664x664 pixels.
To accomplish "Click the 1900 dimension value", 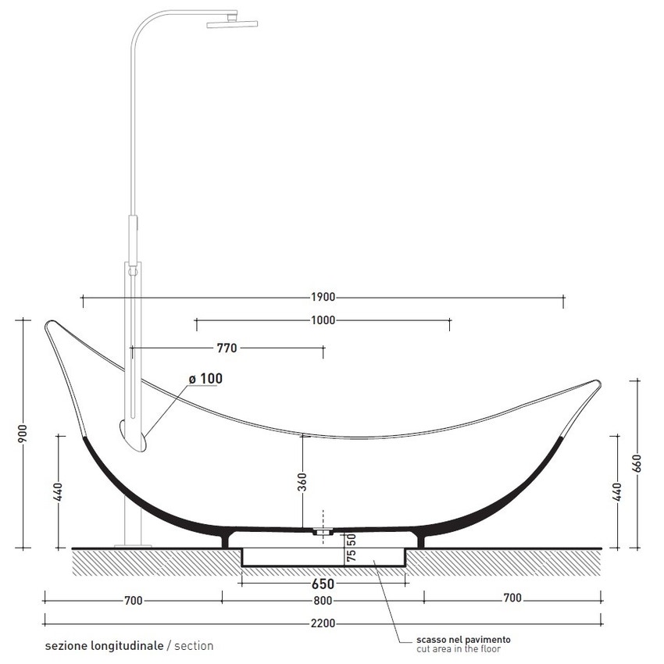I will click(323, 297).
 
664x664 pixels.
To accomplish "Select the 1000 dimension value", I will click(323, 320).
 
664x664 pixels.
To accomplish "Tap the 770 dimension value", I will click(227, 348).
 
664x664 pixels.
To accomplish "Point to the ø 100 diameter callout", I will click(205, 379).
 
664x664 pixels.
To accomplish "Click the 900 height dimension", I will click(23, 433).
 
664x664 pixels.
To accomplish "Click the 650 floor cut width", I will click(323, 584).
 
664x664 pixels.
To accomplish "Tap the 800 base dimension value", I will click(323, 600).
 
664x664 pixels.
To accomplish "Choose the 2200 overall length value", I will click(323, 623).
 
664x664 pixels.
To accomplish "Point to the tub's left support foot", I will click(227, 538).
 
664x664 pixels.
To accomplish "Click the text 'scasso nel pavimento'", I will click(454, 639).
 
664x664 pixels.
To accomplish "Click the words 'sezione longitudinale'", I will click(105, 646).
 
